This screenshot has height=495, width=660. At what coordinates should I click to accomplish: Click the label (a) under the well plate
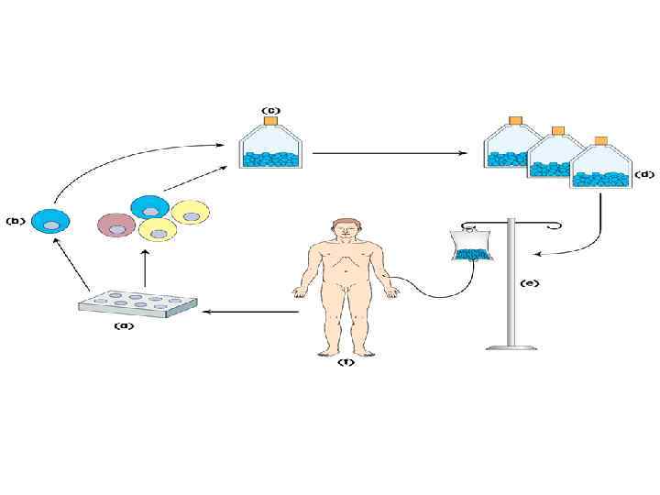[x=123, y=324]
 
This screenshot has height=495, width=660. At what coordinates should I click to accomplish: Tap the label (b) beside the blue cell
[x=16, y=221]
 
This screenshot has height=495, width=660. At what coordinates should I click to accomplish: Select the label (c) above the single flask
[x=270, y=109]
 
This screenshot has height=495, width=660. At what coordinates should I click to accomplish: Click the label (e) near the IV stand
[x=530, y=282]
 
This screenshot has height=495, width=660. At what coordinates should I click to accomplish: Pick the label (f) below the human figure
[x=346, y=362]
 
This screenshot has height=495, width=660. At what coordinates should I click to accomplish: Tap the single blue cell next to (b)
[x=50, y=222]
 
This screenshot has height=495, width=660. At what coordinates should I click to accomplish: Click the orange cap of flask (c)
[x=270, y=121]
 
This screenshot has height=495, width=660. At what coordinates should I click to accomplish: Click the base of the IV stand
[x=511, y=345]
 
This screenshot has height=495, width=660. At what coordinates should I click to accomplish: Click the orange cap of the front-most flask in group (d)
[x=601, y=141]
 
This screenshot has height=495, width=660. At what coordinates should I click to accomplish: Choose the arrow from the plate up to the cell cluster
[x=143, y=269]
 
